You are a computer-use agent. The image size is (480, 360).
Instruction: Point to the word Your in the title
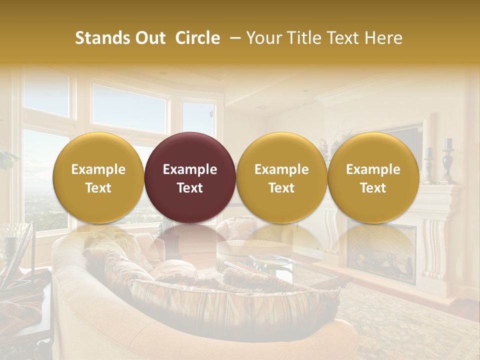[x=263, y=38]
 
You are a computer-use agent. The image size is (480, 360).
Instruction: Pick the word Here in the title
[x=384, y=38]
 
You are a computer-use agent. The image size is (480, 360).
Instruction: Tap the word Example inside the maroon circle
[x=190, y=169]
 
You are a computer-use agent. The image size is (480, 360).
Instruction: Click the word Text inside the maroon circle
[x=190, y=188]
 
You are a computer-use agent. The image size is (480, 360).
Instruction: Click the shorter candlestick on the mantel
[x=429, y=165]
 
